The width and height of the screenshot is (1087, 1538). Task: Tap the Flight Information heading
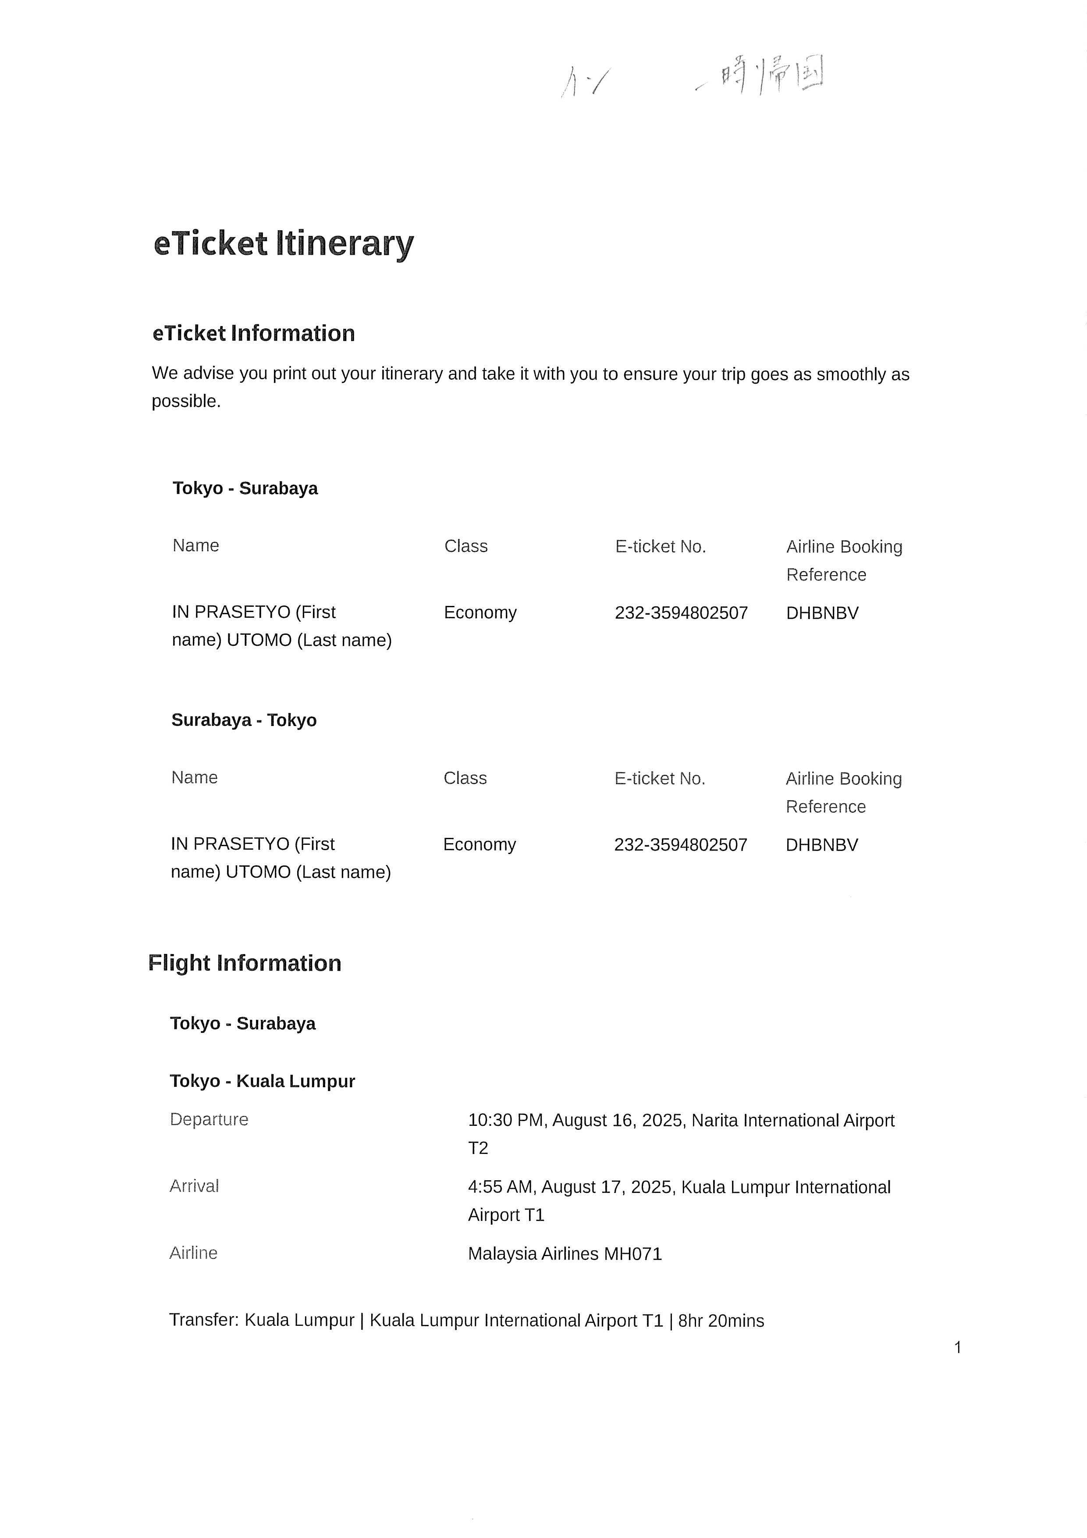245,963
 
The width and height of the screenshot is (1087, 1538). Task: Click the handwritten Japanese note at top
770,75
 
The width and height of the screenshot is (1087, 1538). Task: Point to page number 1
958,1347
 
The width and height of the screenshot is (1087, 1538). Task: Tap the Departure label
209,1119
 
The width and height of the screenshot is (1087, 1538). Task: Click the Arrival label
194,1186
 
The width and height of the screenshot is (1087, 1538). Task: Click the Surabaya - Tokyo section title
244,720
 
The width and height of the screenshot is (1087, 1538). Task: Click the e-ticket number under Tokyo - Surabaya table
681,613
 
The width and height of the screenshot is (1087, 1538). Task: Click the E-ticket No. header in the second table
660,778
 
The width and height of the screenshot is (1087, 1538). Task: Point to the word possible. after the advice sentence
186,401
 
